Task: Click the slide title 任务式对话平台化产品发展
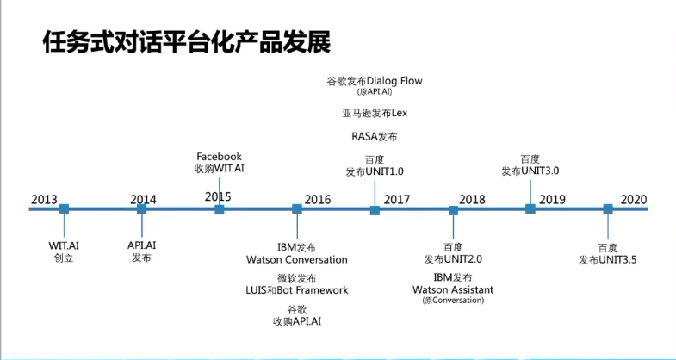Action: pos(186,43)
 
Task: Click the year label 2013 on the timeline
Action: pos(44,200)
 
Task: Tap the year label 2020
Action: pos(633,200)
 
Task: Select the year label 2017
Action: pos(397,200)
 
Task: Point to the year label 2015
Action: pos(218,197)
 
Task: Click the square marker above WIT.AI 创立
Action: pos(64,208)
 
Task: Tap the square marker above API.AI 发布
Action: pos(141,208)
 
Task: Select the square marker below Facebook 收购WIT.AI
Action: pos(220,208)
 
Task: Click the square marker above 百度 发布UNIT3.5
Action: pos(607,208)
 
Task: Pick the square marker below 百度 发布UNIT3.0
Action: pos(530,208)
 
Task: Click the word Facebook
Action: pos(219,157)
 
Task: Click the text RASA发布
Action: pos(375,137)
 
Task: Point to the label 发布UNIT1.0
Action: pos(375,171)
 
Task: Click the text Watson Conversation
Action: pos(297,259)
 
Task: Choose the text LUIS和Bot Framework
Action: pos(297,290)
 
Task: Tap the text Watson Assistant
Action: pos(453,290)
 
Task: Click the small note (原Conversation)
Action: pos(453,301)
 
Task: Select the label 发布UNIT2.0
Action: pos(453,259)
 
